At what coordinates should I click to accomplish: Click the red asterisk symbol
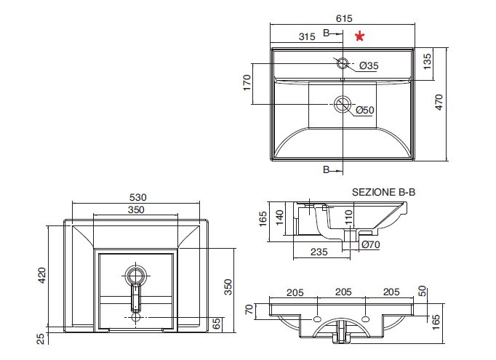click(360, 36)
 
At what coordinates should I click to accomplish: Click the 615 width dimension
click(344, 19)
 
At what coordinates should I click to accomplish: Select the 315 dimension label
click(307, 36)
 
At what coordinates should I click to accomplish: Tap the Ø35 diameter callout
click(369, 65)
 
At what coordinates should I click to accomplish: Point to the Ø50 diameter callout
click(364, 110)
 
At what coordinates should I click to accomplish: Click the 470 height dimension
click(439, 102)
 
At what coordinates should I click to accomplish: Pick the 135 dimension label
click(427, 62)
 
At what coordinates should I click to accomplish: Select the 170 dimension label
click(247, 83)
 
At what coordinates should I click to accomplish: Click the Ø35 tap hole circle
click(343, 63)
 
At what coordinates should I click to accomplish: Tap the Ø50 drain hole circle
click(343, 104)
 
